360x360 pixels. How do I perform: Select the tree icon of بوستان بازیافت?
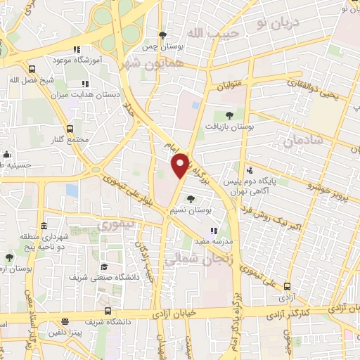tap(229, 114)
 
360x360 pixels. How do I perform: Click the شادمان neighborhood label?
tap(304, 141)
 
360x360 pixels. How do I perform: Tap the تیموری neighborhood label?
tap(116, 225)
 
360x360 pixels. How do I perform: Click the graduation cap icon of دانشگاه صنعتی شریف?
tap(104, 267)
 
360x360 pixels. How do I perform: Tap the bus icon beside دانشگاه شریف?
tap(107, 311)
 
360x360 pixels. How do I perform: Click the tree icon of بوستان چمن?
tap(163, 35)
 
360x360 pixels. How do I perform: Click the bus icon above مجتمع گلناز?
tap(69, 129)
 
